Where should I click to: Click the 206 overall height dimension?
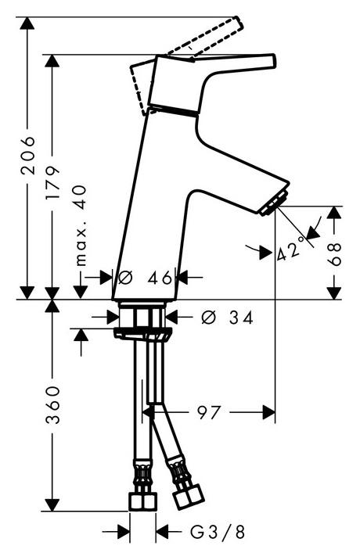(28, 155)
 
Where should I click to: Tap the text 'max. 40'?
(81, 226)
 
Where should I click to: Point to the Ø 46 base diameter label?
(145, 277)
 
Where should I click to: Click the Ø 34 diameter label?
(228, 317)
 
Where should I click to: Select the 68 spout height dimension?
(334, 253)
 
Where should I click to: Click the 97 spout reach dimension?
(208, 413)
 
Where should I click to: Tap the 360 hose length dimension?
(52, 404)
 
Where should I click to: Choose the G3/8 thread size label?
(217, 532)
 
